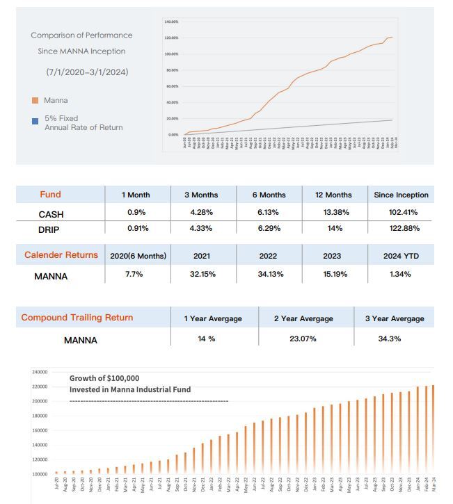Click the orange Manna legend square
click(35, 101)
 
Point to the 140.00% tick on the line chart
click(172, 22)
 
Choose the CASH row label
click(51, 214)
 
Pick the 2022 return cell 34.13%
click(268, 275)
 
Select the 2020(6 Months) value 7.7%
click(134, 275)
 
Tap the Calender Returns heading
click(61, 255)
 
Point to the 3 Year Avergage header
click(395, 318)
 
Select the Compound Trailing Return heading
click(77, 318)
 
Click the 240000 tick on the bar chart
click(39, 373)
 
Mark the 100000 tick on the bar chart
click(39, 474)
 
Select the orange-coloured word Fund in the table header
click(50, 195)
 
